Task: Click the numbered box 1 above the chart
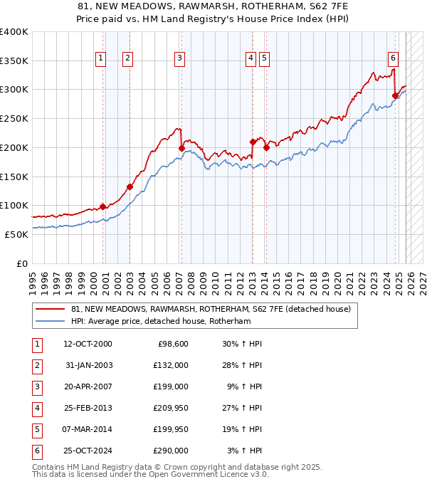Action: click(100, 59)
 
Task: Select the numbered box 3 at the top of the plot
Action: click(179, 59)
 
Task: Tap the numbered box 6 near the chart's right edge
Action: click(393, 59)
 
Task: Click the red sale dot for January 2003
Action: click(130, 187)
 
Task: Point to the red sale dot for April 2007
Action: click(181, 148)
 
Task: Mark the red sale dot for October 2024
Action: click(396, 95)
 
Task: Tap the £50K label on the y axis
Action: click(17, 234)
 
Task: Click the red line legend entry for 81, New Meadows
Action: click(211, 310)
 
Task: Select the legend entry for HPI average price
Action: click(171, 322)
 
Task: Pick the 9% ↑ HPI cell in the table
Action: click(244, 386)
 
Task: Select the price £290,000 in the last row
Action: click(171, 451)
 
